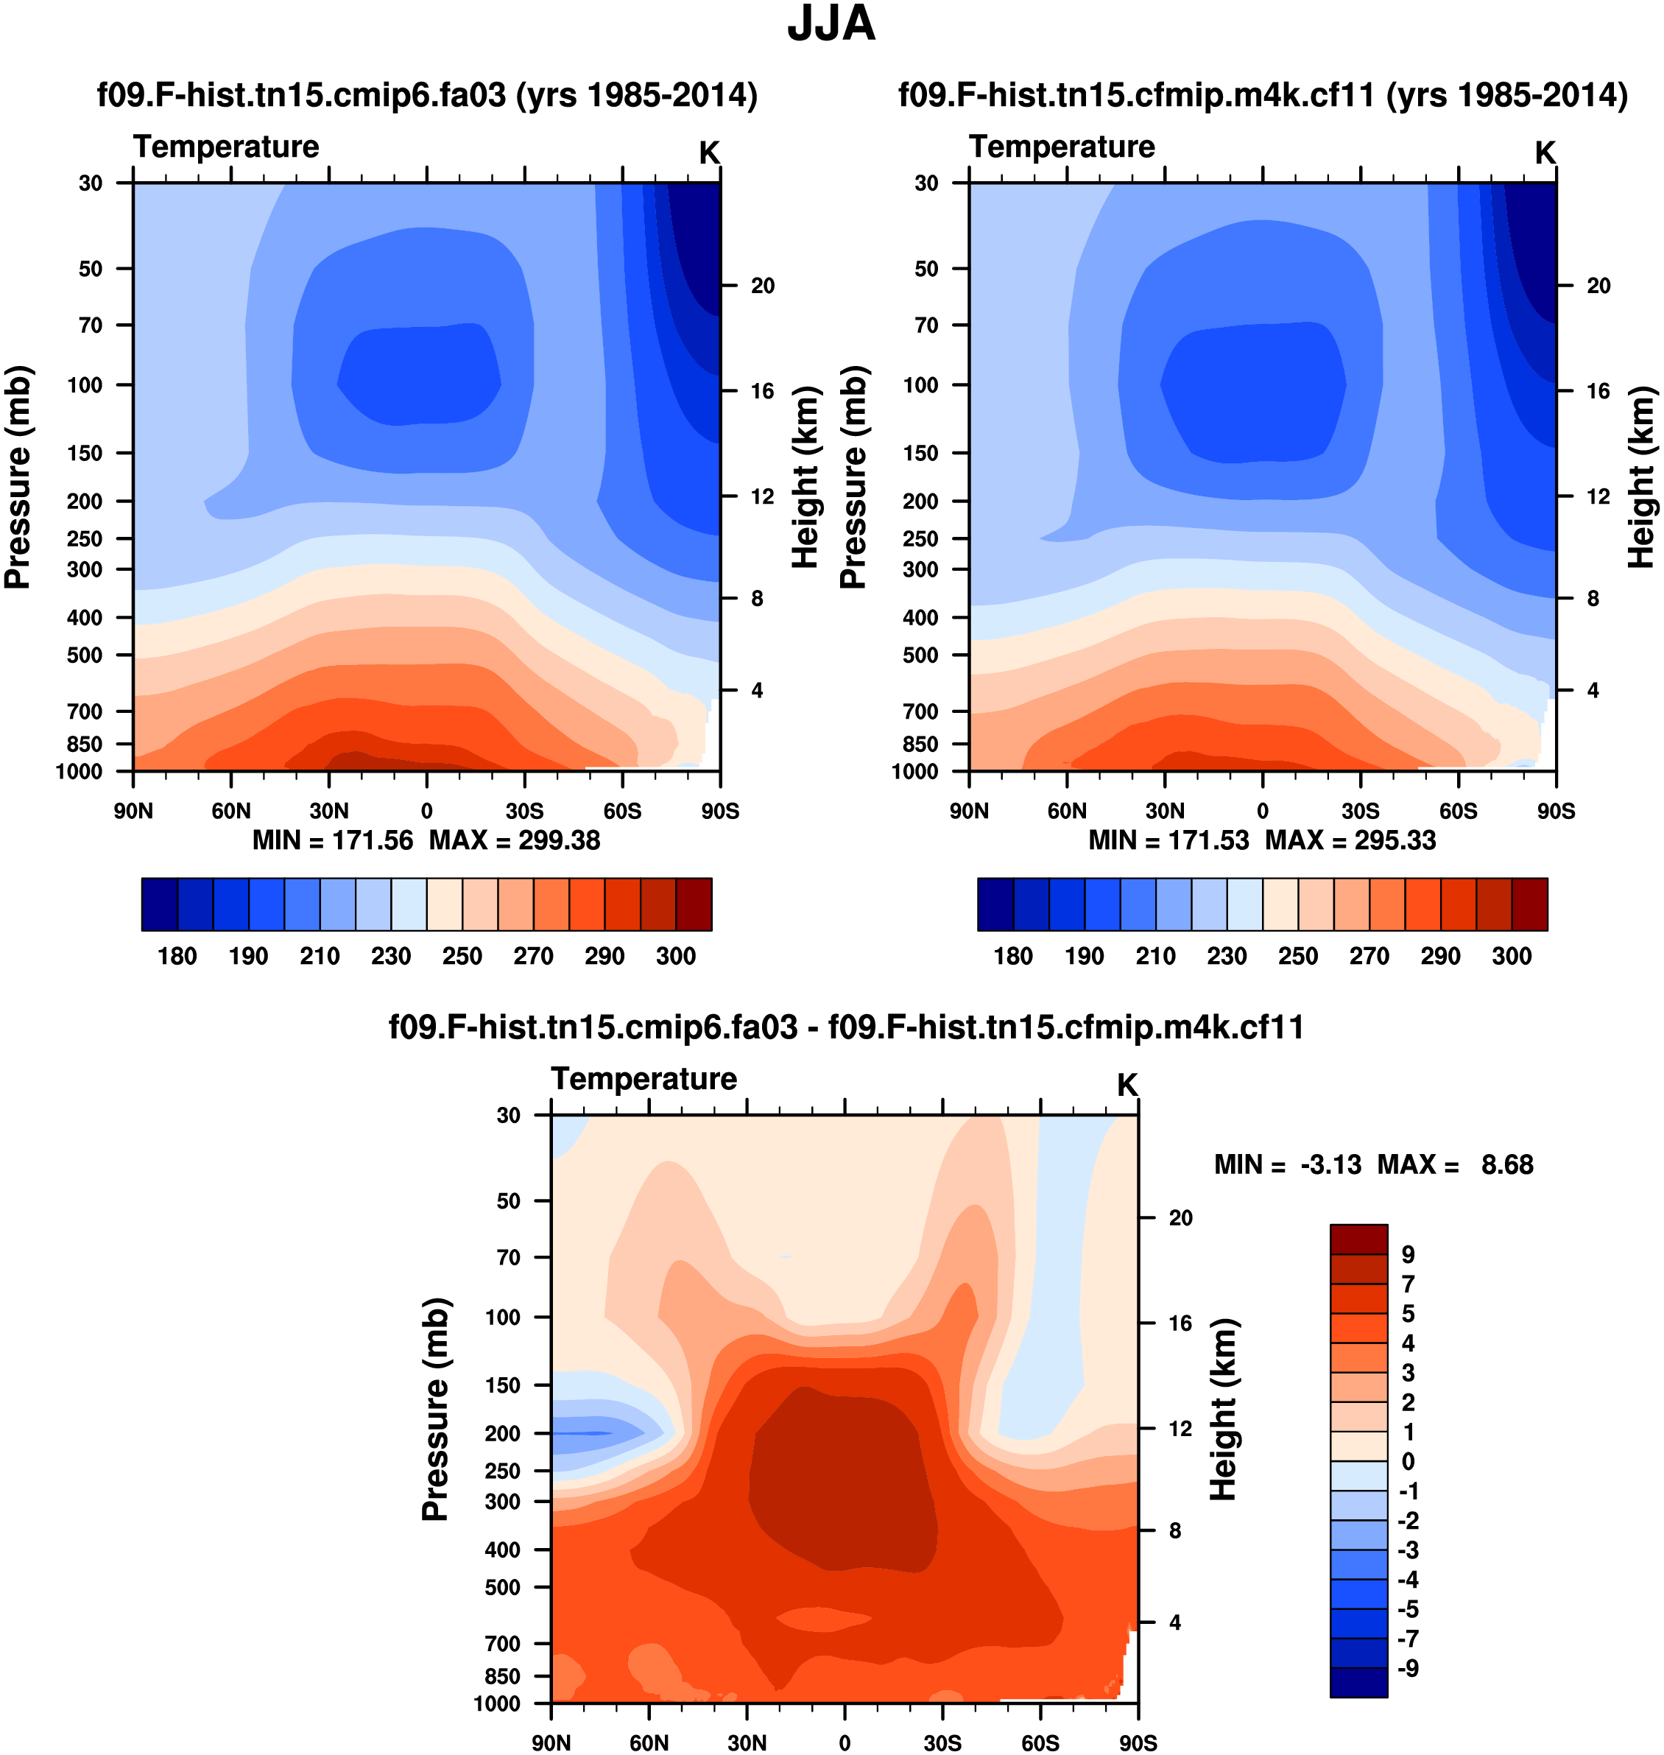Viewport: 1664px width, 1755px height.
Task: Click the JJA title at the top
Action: click(831, 25)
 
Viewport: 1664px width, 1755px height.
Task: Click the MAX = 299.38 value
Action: click(515, 840)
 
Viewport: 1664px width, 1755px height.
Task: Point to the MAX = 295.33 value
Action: click(1350, 840)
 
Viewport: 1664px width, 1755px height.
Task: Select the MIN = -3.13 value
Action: click(1288, 1165)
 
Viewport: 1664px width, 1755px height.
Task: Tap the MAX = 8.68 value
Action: click(1456, 1165)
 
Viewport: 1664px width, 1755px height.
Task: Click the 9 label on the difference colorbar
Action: click(1408, 1256)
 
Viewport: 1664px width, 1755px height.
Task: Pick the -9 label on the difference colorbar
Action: click(1408, 1669)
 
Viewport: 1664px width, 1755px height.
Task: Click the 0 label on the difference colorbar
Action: click(1408, 1461)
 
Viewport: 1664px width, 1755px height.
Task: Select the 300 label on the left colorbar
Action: click(676, 957)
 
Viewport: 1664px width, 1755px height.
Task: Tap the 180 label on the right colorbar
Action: click(1013, 957)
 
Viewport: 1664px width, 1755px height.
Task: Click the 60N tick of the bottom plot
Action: click(649, 1742)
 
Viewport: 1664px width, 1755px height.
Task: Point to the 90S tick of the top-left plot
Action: click(719, 811)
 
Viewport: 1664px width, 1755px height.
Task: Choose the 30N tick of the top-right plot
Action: click(1165, 811)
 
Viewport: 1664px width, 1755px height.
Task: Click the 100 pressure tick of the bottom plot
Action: click(502, 1317)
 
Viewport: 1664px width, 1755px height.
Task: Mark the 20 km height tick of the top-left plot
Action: click(762, 286)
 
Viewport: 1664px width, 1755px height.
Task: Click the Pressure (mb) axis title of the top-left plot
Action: click(18, 476)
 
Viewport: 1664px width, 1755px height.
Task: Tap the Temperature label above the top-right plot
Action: click(1062, 147)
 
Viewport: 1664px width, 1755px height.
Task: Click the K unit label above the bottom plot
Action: click(1127, 1085)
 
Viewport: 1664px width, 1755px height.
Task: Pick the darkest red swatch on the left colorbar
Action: click(694, 904)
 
